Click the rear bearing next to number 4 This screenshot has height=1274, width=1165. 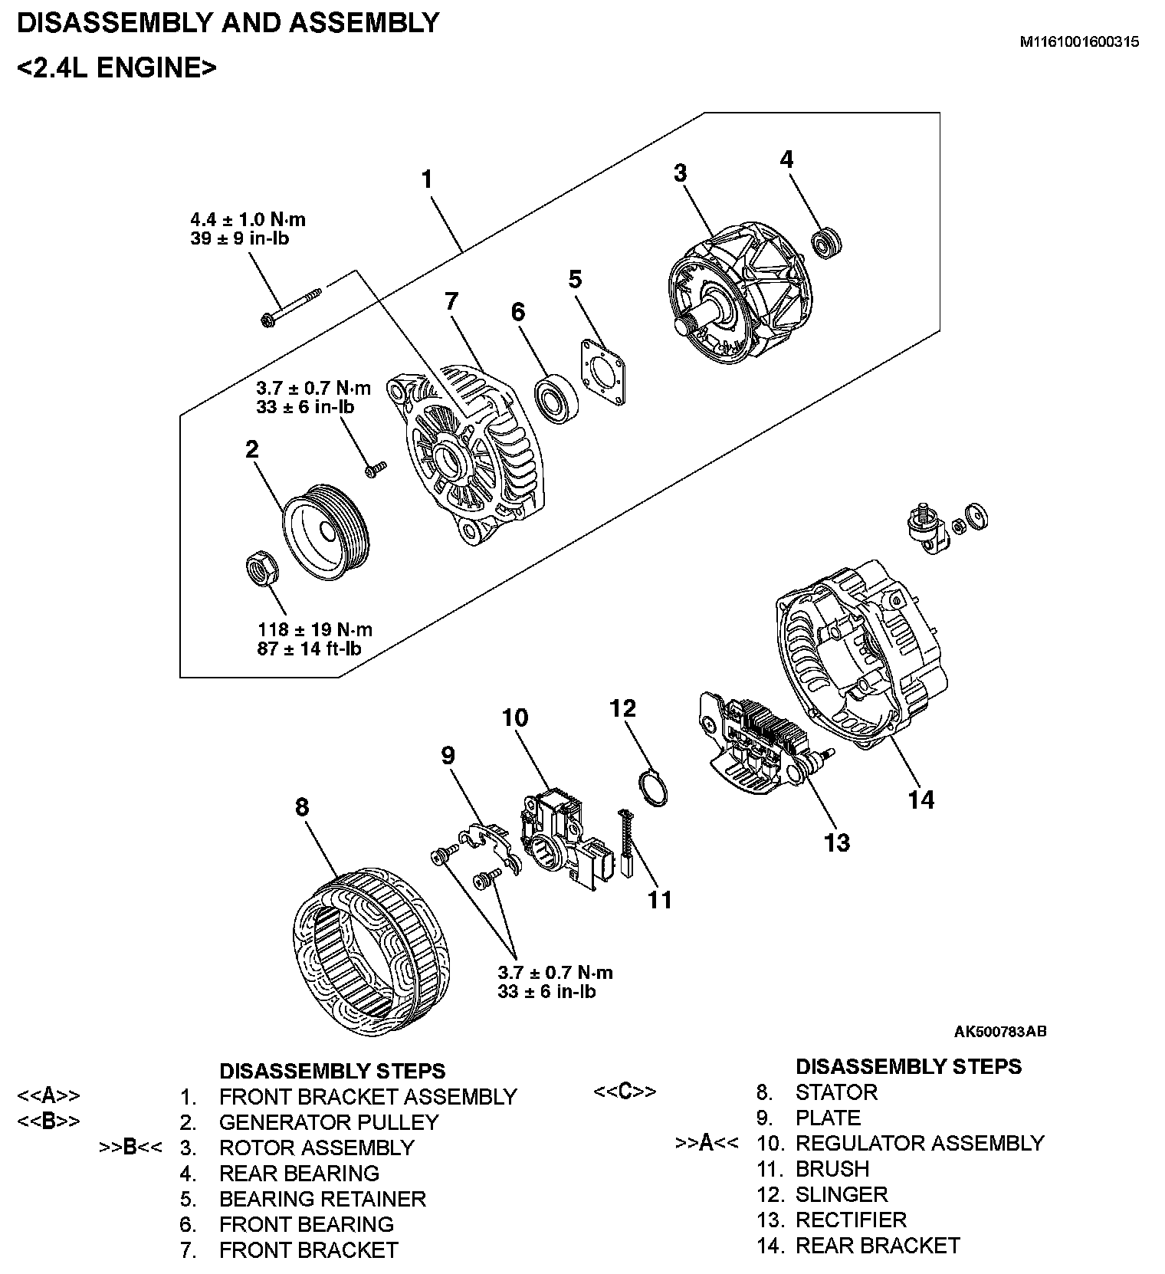(x=826, y=241)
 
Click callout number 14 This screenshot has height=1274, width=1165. (x=921, y=800)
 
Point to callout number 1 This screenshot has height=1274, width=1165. (x=427, y=179)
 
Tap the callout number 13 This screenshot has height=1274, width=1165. (x=837, y=842)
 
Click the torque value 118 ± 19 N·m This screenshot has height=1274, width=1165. (x=315, y=630)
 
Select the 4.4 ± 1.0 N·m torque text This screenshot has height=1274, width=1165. (x=248, y=219)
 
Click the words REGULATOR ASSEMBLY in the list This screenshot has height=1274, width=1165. (x=920, y=1143)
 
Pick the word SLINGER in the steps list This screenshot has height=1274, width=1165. (x=842, y=1194)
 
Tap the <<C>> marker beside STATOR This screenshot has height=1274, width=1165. (x=625, y=1092)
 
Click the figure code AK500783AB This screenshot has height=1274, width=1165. (x=1000, y=1031)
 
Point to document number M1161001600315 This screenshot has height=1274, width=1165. (x=1078, y=42)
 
